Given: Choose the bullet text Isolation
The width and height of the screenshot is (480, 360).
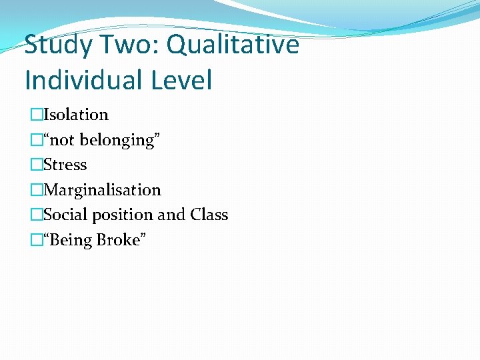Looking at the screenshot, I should point(75,115).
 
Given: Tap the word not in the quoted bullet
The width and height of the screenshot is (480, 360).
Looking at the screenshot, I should point(64,140).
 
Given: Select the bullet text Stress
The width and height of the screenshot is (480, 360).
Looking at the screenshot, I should point(65,165).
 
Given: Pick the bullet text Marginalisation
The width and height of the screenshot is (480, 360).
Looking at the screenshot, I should point(102,190).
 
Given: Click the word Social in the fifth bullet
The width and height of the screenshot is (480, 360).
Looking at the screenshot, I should point(64,215).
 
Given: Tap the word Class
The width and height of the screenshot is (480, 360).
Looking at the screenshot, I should point(209,215).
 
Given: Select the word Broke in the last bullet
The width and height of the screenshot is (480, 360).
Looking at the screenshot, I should point(119,239).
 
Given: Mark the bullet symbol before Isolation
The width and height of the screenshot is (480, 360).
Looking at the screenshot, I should point(36,115).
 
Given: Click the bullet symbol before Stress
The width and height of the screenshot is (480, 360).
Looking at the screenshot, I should point(36,165).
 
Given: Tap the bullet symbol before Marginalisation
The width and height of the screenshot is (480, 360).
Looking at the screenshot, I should point(36,191).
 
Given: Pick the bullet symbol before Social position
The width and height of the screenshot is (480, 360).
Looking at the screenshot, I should point(36,215).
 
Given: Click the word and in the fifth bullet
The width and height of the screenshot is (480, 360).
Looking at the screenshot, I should point(171,215).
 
